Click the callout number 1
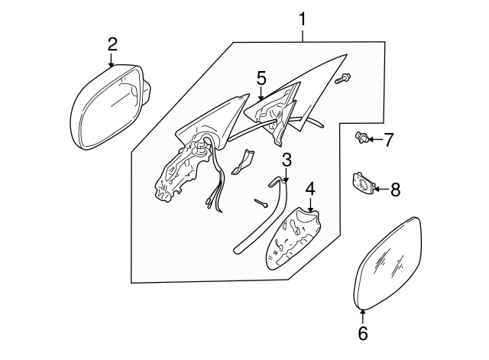303,17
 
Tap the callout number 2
112,44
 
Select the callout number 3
287,161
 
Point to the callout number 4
310,188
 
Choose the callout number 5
261,77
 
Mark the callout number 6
363,332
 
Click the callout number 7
388,139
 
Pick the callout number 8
395,189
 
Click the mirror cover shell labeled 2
107,107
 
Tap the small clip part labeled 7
361,138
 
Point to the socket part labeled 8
361,183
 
